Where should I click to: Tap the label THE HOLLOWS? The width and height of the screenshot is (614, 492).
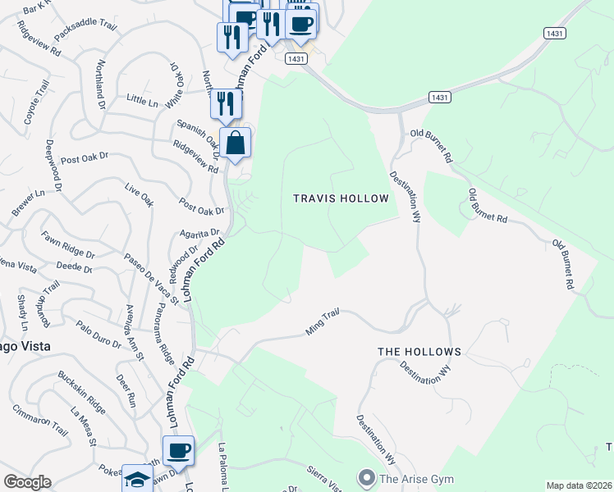coord(419,351)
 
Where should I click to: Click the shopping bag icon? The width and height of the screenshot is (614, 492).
coord(235,143)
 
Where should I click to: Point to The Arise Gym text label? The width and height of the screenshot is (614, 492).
coord(411,477)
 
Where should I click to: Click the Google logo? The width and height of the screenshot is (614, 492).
coord(26,482)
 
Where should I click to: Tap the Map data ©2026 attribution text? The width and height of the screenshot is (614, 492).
coord(578,485)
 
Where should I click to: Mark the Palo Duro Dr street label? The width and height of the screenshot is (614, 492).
coord(98,335)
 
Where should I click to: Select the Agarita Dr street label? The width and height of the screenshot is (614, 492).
coord(199,234)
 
